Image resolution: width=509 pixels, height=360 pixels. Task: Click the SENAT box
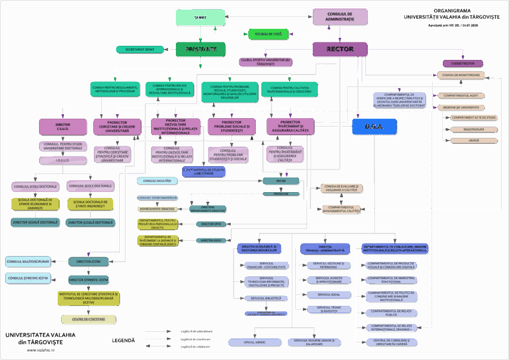click(x=200, y=18)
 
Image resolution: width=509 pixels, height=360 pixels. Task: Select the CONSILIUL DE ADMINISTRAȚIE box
click(x=340, y=16)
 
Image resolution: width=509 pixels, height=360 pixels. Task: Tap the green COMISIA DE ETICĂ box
click(x=269, y=34)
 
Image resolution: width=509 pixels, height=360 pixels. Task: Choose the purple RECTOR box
click(x=340, y=49)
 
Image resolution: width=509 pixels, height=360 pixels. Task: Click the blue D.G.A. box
click(x=374, y=127)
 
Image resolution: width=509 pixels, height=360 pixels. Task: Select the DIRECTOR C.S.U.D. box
click(x=63, y=127)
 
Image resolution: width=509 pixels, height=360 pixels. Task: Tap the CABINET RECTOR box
click(x=463, y=63)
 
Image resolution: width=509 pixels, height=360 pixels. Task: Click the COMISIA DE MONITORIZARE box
click(x=461, y=75)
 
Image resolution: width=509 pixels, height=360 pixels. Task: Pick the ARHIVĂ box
click(x=473, y=140)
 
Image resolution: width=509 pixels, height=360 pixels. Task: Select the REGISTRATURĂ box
click(x=473, y=129)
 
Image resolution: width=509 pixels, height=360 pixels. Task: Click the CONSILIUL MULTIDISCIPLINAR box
click(x=28, y=262)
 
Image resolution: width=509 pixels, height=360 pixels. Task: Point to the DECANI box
click(x=281, y=181)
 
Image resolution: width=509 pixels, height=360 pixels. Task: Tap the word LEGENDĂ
click(x=123, y=340)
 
